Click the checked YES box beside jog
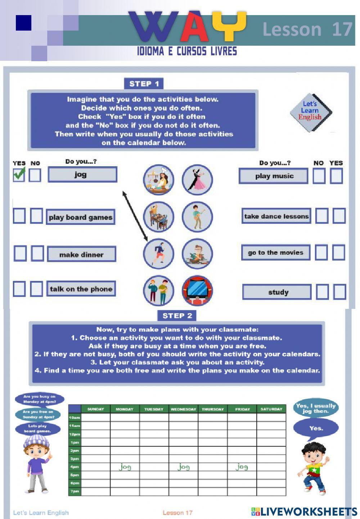(19, 175)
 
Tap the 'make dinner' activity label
(81, 254)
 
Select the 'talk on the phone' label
(81, 289)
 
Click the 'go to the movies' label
(275, 252)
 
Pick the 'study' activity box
(277, 292)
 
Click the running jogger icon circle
(158, 253)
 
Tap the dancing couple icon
(197, 179)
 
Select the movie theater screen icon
(197, 291)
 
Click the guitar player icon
(197, 217)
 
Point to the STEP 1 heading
(144, 84)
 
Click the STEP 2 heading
(177, 316)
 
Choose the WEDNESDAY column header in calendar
(183, 409)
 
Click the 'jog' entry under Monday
(125, 467)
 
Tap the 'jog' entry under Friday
(242, 467)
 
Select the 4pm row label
(75, 467)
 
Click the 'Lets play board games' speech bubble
(38, 428)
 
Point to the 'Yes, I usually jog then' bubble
(315, 408)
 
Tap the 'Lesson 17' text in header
(307, 29)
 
